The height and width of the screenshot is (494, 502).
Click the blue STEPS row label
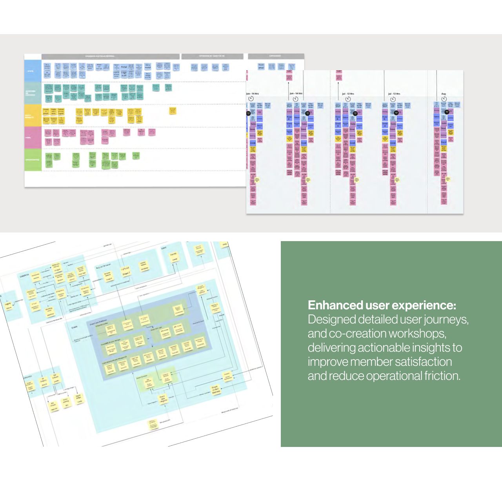click(x=33, y=71)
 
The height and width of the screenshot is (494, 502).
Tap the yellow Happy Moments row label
click(x=33, y=116)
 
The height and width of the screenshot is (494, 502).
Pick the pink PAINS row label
click(x=33, y=138)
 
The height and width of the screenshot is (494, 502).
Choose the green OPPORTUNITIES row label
click(x=33, y=160)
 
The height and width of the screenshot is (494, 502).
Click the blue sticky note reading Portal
click(x=124, y=67)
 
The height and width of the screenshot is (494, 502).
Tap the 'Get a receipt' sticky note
click(x=147, y=66)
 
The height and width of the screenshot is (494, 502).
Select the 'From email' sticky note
click(x=261, y=67)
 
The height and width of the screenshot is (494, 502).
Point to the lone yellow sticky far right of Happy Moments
click(x=173, y=111)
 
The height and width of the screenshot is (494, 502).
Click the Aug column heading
click(x=444, y=94)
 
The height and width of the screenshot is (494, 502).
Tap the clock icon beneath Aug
click(x=444, y=99)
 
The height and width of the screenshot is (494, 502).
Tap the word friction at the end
click(x=442, y=376)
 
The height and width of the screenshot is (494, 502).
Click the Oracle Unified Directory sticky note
click(x=216, y=390)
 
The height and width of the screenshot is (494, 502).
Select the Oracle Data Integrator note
click(x=163, y=399)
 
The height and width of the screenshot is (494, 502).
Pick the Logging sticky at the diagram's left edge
click(x=8, y=305)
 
